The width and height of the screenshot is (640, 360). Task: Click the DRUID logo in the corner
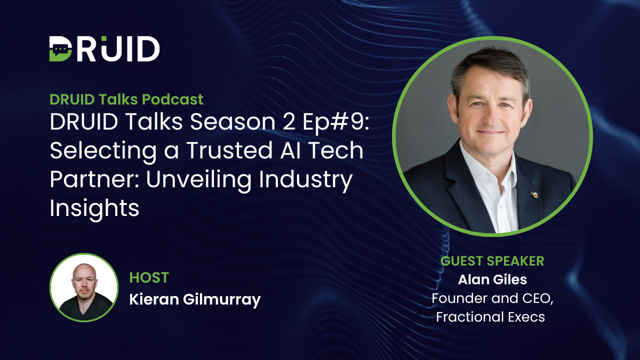(105, 49)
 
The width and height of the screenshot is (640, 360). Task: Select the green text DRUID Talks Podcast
(126, 99)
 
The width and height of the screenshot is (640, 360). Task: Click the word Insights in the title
(94, 209)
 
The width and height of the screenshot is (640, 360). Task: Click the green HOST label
(149, 277)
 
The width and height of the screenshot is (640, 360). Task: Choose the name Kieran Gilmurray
(195, 299)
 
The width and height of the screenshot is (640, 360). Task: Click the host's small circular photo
(84, 287)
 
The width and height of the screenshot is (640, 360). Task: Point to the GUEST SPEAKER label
(492, 261)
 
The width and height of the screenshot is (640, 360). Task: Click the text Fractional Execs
(490, 317)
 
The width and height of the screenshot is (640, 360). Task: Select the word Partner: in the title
(92, 180)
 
